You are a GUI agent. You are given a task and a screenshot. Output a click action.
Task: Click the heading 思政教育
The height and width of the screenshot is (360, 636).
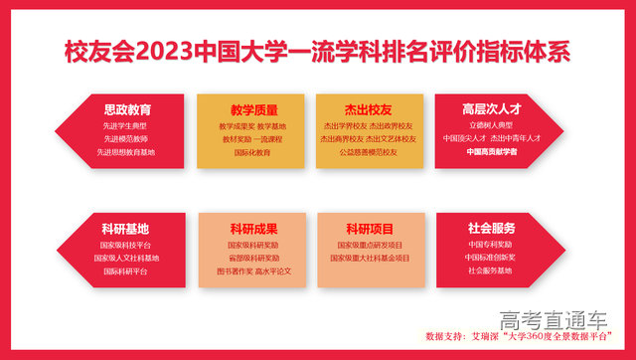pos(126,109)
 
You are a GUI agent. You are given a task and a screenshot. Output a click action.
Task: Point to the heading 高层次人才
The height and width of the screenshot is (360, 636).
pos(493,109)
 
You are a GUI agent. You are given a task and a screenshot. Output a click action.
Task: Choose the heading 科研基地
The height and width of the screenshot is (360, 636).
pos(126,228)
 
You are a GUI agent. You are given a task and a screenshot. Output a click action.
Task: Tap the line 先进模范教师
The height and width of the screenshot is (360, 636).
pos(126,139)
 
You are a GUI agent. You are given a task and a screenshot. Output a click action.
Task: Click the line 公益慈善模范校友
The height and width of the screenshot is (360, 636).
pos(369,152)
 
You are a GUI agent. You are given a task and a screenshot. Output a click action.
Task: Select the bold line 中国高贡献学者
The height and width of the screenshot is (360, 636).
pos(493,152)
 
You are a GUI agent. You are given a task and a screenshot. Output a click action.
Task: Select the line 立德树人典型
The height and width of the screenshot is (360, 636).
pos(493,126)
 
